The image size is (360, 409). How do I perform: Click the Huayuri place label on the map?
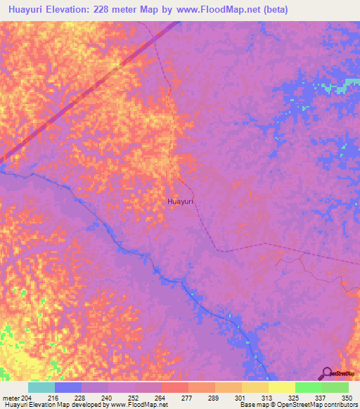coord(180,202)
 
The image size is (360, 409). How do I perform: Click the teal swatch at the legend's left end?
coord(41,387)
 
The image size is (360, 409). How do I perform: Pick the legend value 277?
coord(188,397)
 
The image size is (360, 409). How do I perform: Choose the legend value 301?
coord(241,397)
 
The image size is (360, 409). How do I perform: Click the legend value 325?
coord(295,397)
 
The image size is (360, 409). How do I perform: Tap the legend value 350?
coord(347,397)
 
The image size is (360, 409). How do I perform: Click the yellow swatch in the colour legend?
coord(281,387)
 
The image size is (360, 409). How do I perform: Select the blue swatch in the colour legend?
coord(68,387)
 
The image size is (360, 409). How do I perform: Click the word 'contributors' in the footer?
coord(340,404)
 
